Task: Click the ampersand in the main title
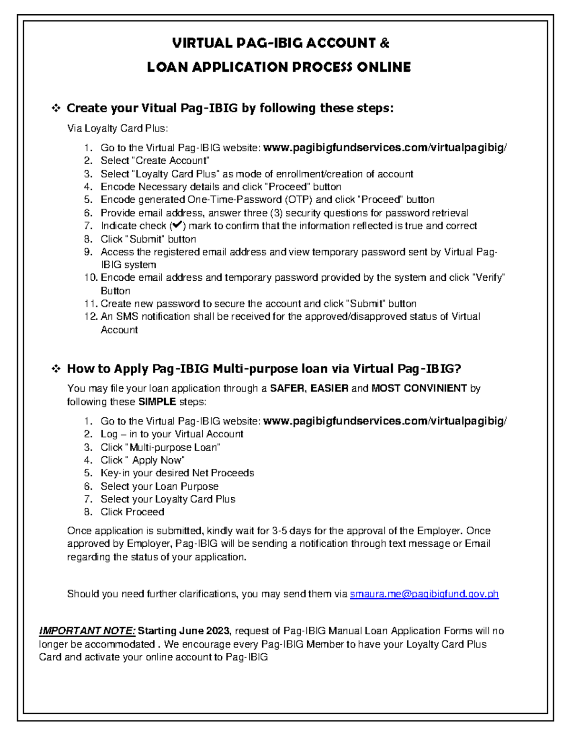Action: coord(384,43)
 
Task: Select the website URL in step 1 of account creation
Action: coord(384,148)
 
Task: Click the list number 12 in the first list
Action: coord(90,316)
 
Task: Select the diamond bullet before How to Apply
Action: coord(56,369)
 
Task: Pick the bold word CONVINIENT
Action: coord(434,388)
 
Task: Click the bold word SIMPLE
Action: coord(157,402)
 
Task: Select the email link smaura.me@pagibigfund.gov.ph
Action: coord(424,594)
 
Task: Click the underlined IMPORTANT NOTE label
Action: coord(87,631)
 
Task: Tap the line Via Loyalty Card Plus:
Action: coord(118,128)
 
